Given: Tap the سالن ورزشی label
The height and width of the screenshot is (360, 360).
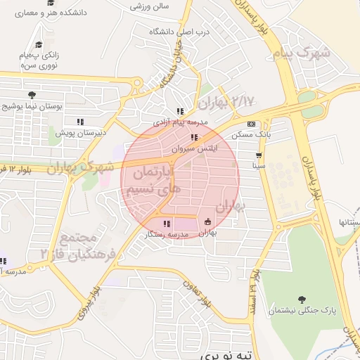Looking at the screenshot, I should (x=149, y=6).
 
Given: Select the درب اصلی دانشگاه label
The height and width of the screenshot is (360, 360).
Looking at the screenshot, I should (x=174, y=32).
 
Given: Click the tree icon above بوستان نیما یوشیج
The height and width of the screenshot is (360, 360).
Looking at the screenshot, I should (x=31, y=95).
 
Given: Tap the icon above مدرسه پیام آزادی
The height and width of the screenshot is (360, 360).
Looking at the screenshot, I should (x=180, y=111).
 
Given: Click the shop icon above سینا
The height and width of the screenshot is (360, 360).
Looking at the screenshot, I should (x=259, y=155).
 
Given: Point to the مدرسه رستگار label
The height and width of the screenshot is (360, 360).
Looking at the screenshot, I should (x=166, y=234).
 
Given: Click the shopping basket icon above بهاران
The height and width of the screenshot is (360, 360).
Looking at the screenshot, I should (x=207, y=222).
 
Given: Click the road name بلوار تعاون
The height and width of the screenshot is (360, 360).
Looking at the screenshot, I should (x=198, y=294).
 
